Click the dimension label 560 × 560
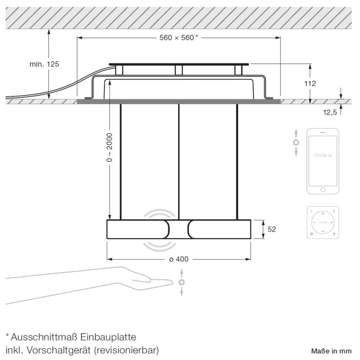(177, 38)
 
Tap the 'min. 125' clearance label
(44, 64)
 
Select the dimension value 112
(310, 83)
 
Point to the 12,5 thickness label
(330, 112)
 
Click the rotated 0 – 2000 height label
(110, 147)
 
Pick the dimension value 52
(272, 229)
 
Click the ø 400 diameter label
(179, 259)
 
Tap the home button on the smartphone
(323, 190)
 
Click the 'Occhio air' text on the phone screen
(323, 155)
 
